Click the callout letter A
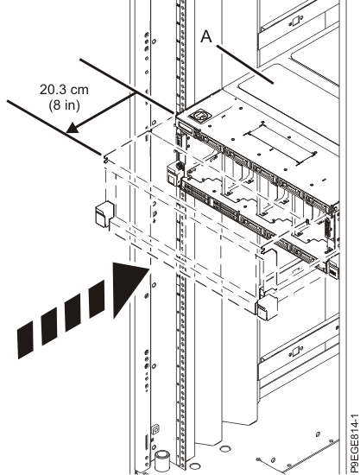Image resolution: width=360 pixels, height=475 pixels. [206, 36]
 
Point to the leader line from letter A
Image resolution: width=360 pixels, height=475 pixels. [244, 64]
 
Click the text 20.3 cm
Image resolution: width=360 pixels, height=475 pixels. [64, 90]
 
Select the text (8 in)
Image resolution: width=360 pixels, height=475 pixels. [64, 104]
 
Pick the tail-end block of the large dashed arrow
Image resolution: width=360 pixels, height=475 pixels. [25, 340]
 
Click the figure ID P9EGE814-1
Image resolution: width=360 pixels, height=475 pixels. [353, 444]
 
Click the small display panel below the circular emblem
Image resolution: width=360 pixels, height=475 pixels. [186, 127]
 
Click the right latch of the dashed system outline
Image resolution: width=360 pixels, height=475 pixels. [267, 307]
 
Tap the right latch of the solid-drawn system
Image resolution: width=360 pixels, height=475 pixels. [333, 269]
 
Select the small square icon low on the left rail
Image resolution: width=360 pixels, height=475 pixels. [155, 429]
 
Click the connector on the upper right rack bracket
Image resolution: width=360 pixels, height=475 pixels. [294, 22]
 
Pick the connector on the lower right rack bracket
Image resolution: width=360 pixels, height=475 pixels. [295, 351]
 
